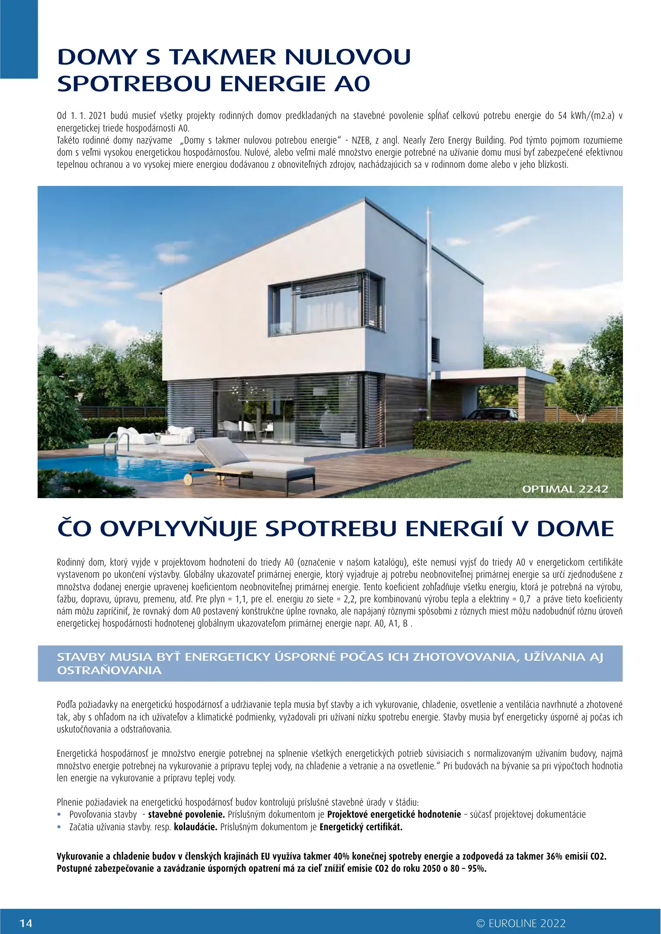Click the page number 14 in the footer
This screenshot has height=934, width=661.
(26, 923)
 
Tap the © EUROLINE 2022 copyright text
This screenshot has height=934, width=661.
(521, 923)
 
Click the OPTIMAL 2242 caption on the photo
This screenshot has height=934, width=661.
(565, 489)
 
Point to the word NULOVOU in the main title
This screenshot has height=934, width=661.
(348, 57)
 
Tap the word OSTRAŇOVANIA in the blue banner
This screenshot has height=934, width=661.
(109, 671)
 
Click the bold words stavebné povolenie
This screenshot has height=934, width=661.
(186, 814)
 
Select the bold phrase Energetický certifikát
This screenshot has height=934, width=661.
(361, 827)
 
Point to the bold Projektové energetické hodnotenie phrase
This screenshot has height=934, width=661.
(394, 814)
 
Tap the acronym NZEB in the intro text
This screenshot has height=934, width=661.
(361, 141)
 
